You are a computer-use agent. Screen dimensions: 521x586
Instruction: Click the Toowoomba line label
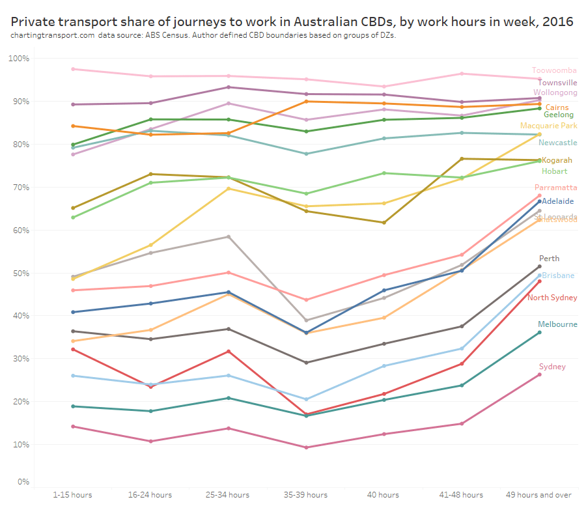554,70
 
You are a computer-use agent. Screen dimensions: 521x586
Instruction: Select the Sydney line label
552,367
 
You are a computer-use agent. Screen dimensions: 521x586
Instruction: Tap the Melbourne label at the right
557,324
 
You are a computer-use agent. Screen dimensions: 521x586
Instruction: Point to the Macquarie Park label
548,126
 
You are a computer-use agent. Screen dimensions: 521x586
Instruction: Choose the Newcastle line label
557,143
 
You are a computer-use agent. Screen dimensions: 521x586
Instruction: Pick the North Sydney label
552,298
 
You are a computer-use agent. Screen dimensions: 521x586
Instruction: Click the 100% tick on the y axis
19,59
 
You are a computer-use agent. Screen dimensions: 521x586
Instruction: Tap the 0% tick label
23,482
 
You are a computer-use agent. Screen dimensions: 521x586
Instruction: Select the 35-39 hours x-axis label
305,495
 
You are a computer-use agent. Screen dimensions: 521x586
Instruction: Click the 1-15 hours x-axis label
72,495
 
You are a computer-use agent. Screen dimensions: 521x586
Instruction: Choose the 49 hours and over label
538,495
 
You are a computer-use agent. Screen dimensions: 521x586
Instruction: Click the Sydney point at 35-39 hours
306,447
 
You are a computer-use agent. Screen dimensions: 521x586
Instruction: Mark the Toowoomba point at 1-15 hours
73,69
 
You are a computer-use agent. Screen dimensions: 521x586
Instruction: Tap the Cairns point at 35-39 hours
306,101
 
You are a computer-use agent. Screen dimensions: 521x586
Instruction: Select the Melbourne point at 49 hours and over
539,333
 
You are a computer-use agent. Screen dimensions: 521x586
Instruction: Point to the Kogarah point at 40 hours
384,223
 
